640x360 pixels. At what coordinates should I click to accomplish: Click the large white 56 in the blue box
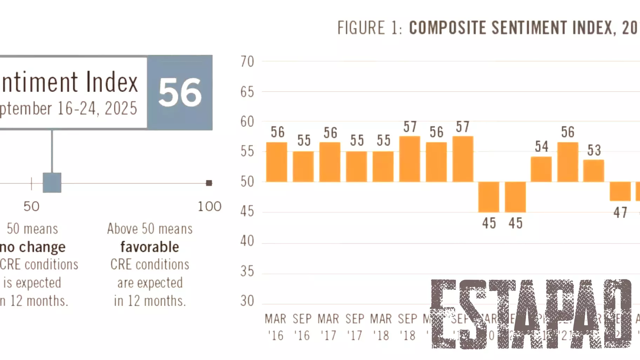point(180,93)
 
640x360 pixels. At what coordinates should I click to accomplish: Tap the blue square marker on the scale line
point(52,182)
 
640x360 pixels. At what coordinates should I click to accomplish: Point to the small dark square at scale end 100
point(209,183)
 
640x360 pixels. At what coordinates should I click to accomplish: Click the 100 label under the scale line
point(209,206)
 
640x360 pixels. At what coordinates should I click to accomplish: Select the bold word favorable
point(150,247)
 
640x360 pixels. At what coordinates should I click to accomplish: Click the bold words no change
point(33,247)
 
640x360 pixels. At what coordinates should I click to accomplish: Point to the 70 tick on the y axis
point(247,62)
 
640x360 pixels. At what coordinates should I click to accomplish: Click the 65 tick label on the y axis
point(247,92)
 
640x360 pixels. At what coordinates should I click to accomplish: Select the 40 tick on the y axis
point(247,241)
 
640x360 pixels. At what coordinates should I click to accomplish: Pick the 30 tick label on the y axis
point(247,301)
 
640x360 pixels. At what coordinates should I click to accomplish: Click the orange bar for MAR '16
point(276,162)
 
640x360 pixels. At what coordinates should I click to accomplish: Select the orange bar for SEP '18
point(409,159)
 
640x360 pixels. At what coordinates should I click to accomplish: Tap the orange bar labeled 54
point(541,169)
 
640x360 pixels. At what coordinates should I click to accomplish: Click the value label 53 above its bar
point(594,150)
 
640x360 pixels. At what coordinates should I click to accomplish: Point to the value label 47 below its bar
point(620,213)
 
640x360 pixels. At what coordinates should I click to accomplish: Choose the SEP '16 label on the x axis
point(302,327)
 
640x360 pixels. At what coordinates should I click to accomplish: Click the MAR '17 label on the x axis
point(328,327)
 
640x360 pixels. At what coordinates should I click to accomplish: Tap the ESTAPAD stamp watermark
point(531,314)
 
